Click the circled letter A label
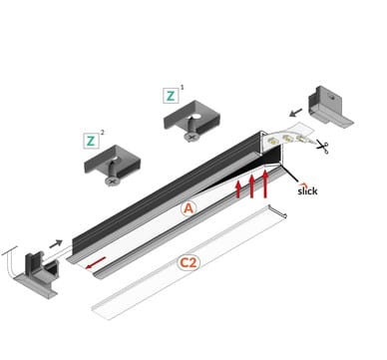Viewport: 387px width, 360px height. tap(189, 208)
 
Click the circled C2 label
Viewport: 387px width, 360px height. tap(189, 263)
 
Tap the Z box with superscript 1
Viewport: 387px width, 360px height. tap(171, 96)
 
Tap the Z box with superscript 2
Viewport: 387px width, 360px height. tap(91, 141)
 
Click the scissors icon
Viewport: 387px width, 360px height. tap(322, 147)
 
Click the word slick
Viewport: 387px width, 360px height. tap(307, 189)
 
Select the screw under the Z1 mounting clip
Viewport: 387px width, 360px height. tap(192, 134)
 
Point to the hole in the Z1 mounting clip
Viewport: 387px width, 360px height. tap(196, 117)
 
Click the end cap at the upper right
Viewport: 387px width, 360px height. tap(329, 106)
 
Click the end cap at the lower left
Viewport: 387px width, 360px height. tap(38, 272)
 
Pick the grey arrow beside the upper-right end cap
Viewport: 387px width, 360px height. tap(296, 113)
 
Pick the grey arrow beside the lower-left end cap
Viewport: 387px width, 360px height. tap(56, 243)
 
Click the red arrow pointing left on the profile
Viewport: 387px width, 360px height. tap(96, 262)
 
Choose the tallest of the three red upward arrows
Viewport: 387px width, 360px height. tap(265, 183)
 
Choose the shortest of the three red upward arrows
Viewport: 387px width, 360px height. tap(238, 189)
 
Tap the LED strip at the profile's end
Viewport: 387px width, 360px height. tap(289, 136)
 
